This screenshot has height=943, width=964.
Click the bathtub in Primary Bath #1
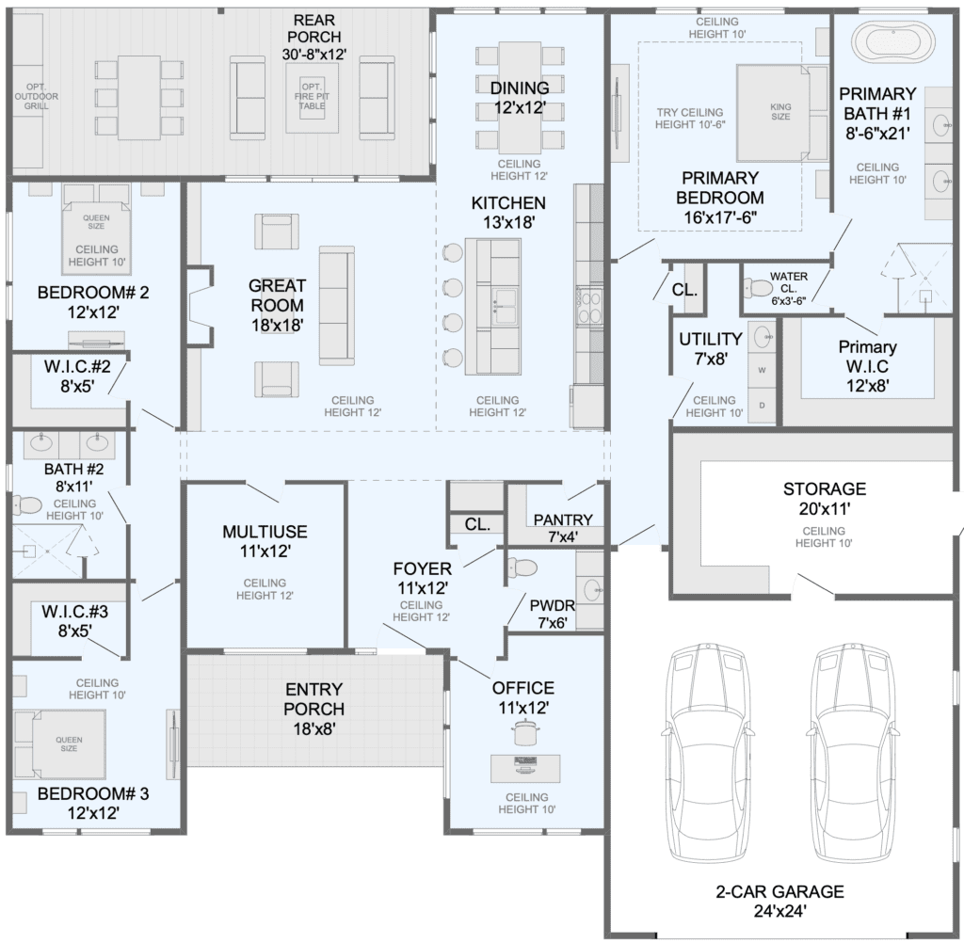click(x=893, y=42)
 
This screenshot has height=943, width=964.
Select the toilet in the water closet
click(x=758, y=287)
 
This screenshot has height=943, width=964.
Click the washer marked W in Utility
click(x=763, y=370)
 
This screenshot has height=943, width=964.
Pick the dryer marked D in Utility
click(x=763, y=406)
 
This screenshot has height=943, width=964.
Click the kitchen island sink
click(x=506, y=306)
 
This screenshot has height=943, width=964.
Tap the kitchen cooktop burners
click(x=590, y=308)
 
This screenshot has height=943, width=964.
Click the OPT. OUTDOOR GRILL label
click(x=37, y=97)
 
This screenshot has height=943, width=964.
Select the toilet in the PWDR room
click(x=523, y=567)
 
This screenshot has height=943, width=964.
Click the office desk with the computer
click(x=525, y=768)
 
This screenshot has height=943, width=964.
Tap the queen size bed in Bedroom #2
click(x=97, y=229)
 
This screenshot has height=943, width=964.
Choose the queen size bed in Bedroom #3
click(x=59, y=743)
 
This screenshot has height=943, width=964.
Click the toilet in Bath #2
click(x=26, y=505)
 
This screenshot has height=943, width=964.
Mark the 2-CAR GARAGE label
click(x=780, y=901)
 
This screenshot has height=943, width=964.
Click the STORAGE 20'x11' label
click(x=825, y=499)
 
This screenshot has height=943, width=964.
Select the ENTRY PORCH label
click(x=313, y=709)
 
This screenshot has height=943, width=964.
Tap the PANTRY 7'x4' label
click(x=563, y=528)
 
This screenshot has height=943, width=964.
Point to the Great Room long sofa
click(x=337, y=306)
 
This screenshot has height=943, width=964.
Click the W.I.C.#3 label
click(x=75, y=621)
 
